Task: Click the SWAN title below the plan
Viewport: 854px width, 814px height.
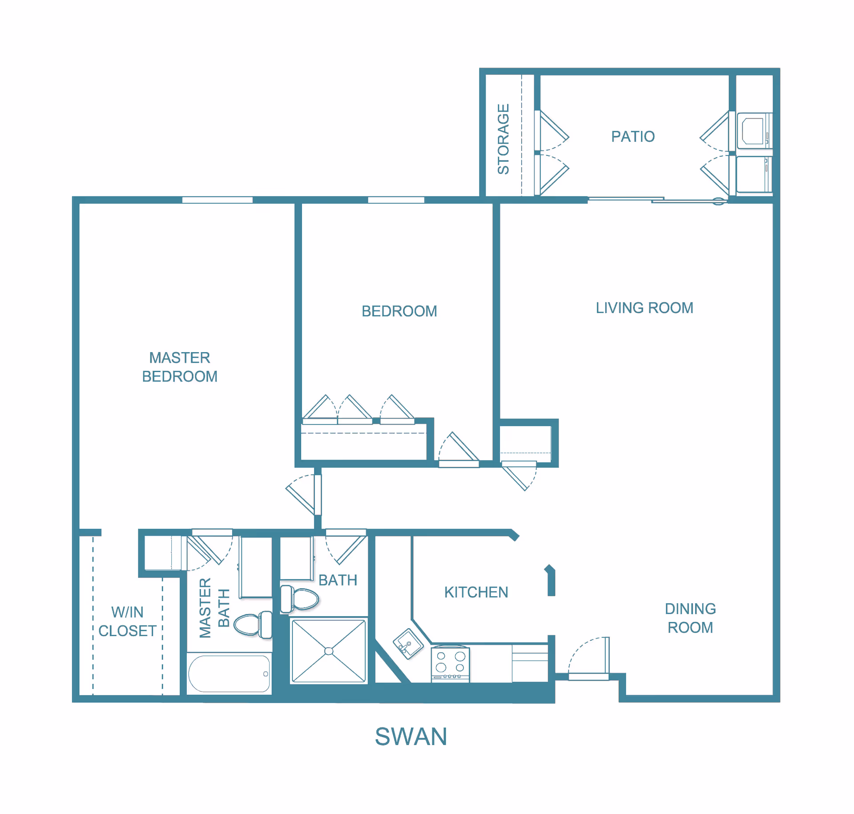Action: pyautogui.click(x=411, y=737)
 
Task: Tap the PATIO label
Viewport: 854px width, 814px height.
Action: pyautogui.click(x=632, y=136)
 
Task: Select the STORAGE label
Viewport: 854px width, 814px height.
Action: pyautogui.click(x=503, y=139)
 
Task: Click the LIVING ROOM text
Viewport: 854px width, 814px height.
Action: pyautogui.click(x=644, y=308)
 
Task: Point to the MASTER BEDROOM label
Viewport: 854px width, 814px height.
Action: pyautogui.click(x=180, y=367)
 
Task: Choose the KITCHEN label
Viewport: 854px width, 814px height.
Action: pyautogui.click(x=476, y=592)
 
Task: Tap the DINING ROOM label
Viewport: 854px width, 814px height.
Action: pyautogui.click(x=690, y=618)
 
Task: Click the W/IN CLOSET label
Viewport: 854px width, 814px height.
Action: pyautogui.click(x=127, y=622)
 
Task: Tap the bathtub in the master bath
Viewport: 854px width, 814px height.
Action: pyautogui.click(x=229, y=674)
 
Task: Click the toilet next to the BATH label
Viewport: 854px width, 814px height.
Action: pyautogui.click(x=300, y=599)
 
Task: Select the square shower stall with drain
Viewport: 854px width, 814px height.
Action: pyautogui.click(x=329, y=651)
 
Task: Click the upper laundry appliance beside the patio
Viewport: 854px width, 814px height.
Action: pyautogui.click(x=753, y=131)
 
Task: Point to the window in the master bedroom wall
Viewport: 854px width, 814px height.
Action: pyautogui.click(x=217, y=200)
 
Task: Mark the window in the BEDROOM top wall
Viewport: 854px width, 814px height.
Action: pyautogui.click(x=396, y=200)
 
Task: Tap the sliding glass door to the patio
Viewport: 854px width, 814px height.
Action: pyautogui.click(x=657, y=200)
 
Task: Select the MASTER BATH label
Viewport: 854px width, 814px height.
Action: pyautogui.click(x=214, y=608)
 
